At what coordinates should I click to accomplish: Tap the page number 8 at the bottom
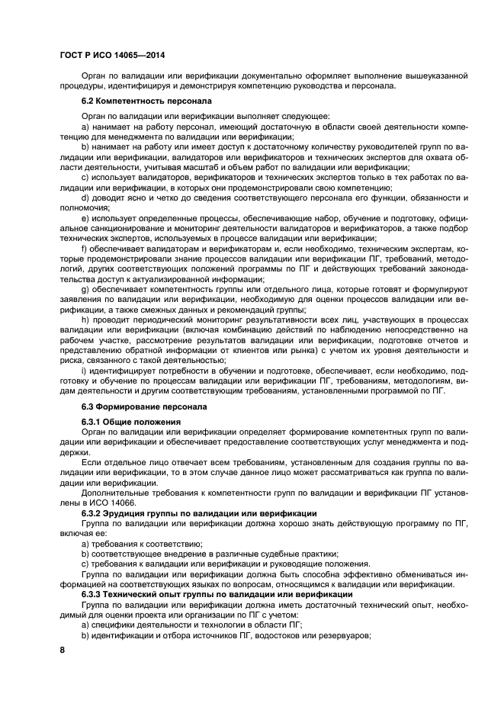pyautogui.click(x=63, y=649)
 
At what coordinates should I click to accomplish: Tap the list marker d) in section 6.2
pyautogui.click(x=85, y=198)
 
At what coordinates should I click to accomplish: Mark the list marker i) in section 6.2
pyautogui.click(x=84, y=371)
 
